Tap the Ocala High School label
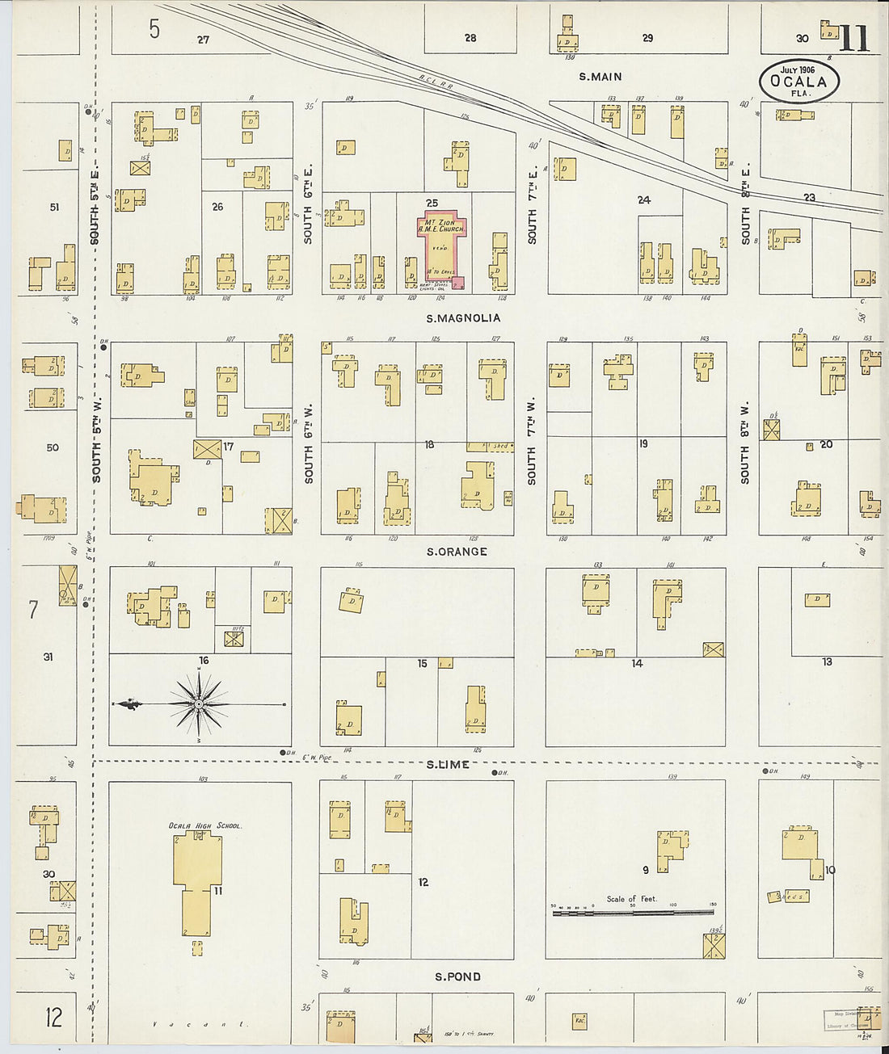click(205, 825)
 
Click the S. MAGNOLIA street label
click(463, 318)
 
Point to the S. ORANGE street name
click(457, 552)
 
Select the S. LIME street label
click(448, 764)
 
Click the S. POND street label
click(457, 976)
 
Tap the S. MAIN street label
click(600, 77)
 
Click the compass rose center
click(199, 705)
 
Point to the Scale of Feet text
click(631, 898)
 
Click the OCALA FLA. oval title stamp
click(798, 81)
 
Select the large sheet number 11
click(853, 38)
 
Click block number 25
click(432, 202)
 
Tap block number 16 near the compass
click(204, 661)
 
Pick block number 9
click(645, 870)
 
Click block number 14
click(637, 663)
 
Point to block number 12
click(423, 882)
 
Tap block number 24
click(643, 199)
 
